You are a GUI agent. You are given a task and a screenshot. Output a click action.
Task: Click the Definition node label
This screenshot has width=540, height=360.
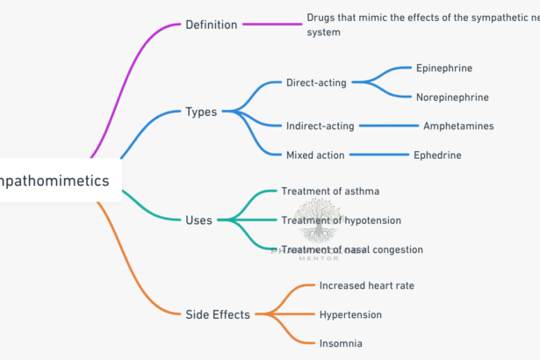click(211, 25)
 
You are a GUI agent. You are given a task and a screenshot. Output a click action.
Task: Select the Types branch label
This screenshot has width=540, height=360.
click(201, 112)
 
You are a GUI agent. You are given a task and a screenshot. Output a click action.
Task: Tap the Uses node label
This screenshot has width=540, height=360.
click(198, 220)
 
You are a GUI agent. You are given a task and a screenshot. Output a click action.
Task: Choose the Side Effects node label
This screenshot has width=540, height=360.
click(218, 314)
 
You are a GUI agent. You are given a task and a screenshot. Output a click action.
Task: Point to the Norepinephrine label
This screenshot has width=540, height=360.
click(453, 97)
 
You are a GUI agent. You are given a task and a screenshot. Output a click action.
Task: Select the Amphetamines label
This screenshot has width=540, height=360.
click(457, 126)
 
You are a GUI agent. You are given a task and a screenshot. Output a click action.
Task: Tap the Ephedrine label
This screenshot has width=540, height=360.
click(437, 155)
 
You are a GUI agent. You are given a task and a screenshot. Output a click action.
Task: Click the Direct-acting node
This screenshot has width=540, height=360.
click(316, 83)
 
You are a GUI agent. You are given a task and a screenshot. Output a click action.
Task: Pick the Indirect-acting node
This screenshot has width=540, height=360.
click(320, 126)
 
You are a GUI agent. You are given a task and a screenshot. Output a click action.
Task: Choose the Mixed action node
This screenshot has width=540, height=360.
click(315, 155)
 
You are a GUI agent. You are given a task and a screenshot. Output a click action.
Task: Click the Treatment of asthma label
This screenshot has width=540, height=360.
click(330, 191)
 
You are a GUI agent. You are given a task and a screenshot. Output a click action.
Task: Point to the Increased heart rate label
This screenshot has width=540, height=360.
click(366, 285)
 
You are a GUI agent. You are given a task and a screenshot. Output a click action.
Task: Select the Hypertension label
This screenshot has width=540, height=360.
click(350, 314)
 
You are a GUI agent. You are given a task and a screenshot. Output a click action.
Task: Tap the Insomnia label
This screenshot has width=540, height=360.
click(341, 343)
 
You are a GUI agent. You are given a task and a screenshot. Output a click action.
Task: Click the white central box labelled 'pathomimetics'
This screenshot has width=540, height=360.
click(57, 181)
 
